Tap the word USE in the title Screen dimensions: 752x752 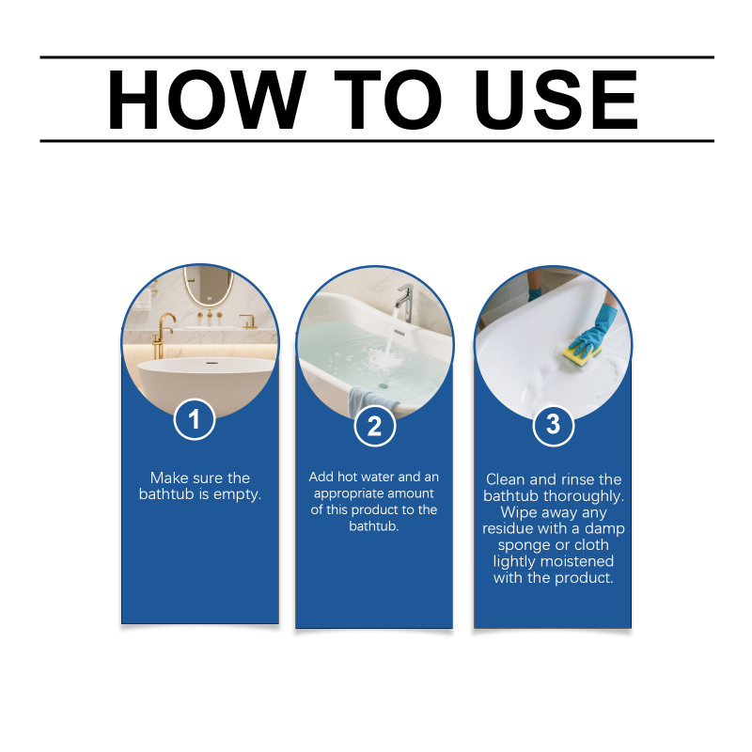point(556,100)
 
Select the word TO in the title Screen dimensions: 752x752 point(388,100)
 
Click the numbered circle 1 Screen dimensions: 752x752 point(195,419)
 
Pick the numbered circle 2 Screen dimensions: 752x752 point(374,426)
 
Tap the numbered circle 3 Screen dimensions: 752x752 point(553,425)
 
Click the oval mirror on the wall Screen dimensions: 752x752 point(209,286)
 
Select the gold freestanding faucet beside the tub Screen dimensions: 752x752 point(162,337)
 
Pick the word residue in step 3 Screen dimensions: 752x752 point(503,528)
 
